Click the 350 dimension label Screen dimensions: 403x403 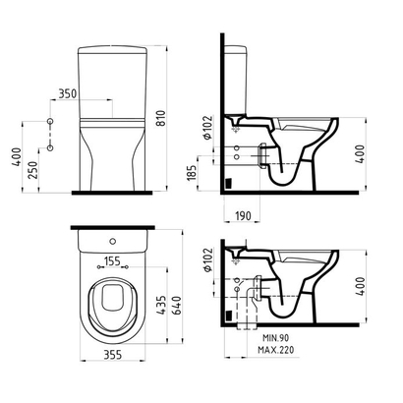click(68, 93)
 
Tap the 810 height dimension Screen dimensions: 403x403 click(161, 118)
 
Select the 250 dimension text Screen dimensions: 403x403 click(32, 169)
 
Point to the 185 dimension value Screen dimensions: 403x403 click(192, 172)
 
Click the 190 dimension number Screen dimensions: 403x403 click(243, 216)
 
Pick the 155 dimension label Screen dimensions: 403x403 click(112, 261)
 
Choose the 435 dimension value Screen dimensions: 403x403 click(161, 306)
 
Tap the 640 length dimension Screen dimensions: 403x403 click(177, 306)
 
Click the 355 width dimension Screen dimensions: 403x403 click(112, 355)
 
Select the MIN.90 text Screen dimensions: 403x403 click(276, 338)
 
